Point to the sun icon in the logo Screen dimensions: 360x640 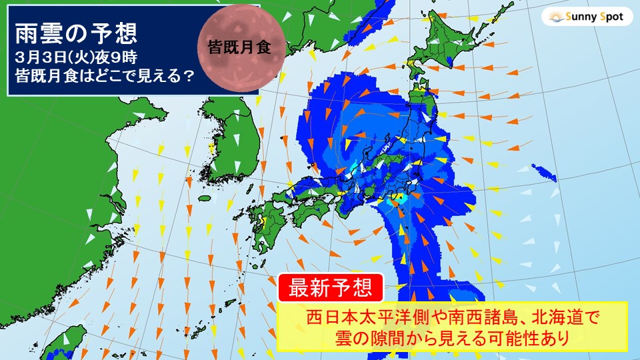554,17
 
